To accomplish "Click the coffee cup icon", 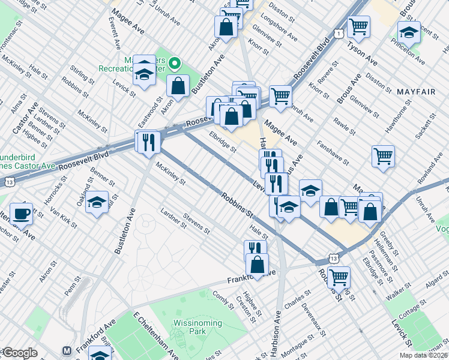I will point(21,214).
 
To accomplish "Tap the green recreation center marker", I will point(174,62).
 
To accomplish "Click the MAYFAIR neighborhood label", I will point(418,91).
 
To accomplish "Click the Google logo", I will point(19,353).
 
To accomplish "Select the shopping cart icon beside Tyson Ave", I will point(358,26).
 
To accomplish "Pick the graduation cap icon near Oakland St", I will point(97,203).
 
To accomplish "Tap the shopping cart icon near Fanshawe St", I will point(383,157).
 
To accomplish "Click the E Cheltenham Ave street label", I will point(155,335).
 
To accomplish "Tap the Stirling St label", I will point(82,76).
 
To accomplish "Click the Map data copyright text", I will point(424,355).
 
